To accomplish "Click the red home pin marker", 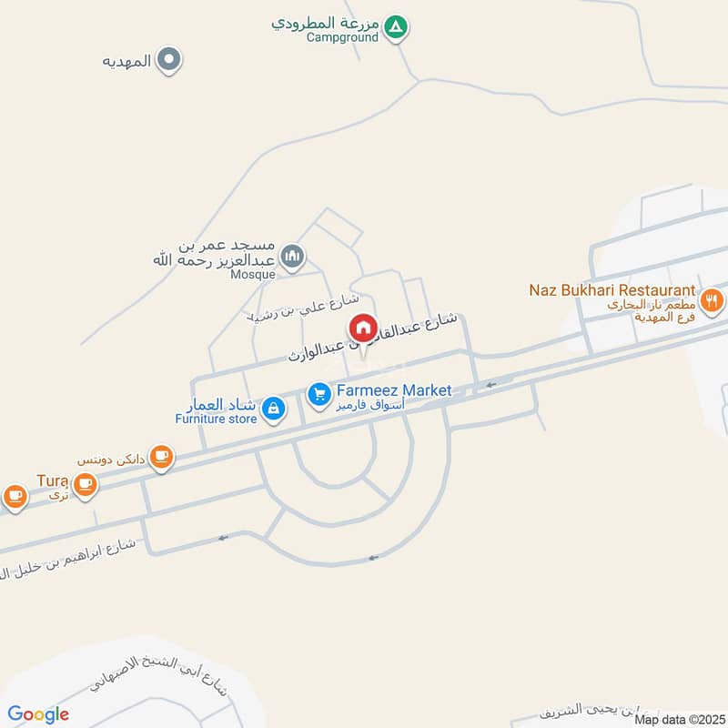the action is [361, 329].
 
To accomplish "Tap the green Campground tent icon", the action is [395, 28].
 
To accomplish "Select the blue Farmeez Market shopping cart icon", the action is [318, 394].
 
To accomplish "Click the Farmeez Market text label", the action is [394, 390].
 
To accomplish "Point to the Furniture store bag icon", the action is [272, 411].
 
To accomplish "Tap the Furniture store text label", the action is [216, 419].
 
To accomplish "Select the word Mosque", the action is [252, 272].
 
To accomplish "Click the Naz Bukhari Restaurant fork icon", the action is [713, 298].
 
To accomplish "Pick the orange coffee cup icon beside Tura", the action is [86, 483].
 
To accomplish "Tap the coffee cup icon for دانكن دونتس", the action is [161, 456].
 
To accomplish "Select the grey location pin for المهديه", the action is [168, 61].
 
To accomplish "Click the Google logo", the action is [39, 714].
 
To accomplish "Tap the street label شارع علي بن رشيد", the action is [305, 308].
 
